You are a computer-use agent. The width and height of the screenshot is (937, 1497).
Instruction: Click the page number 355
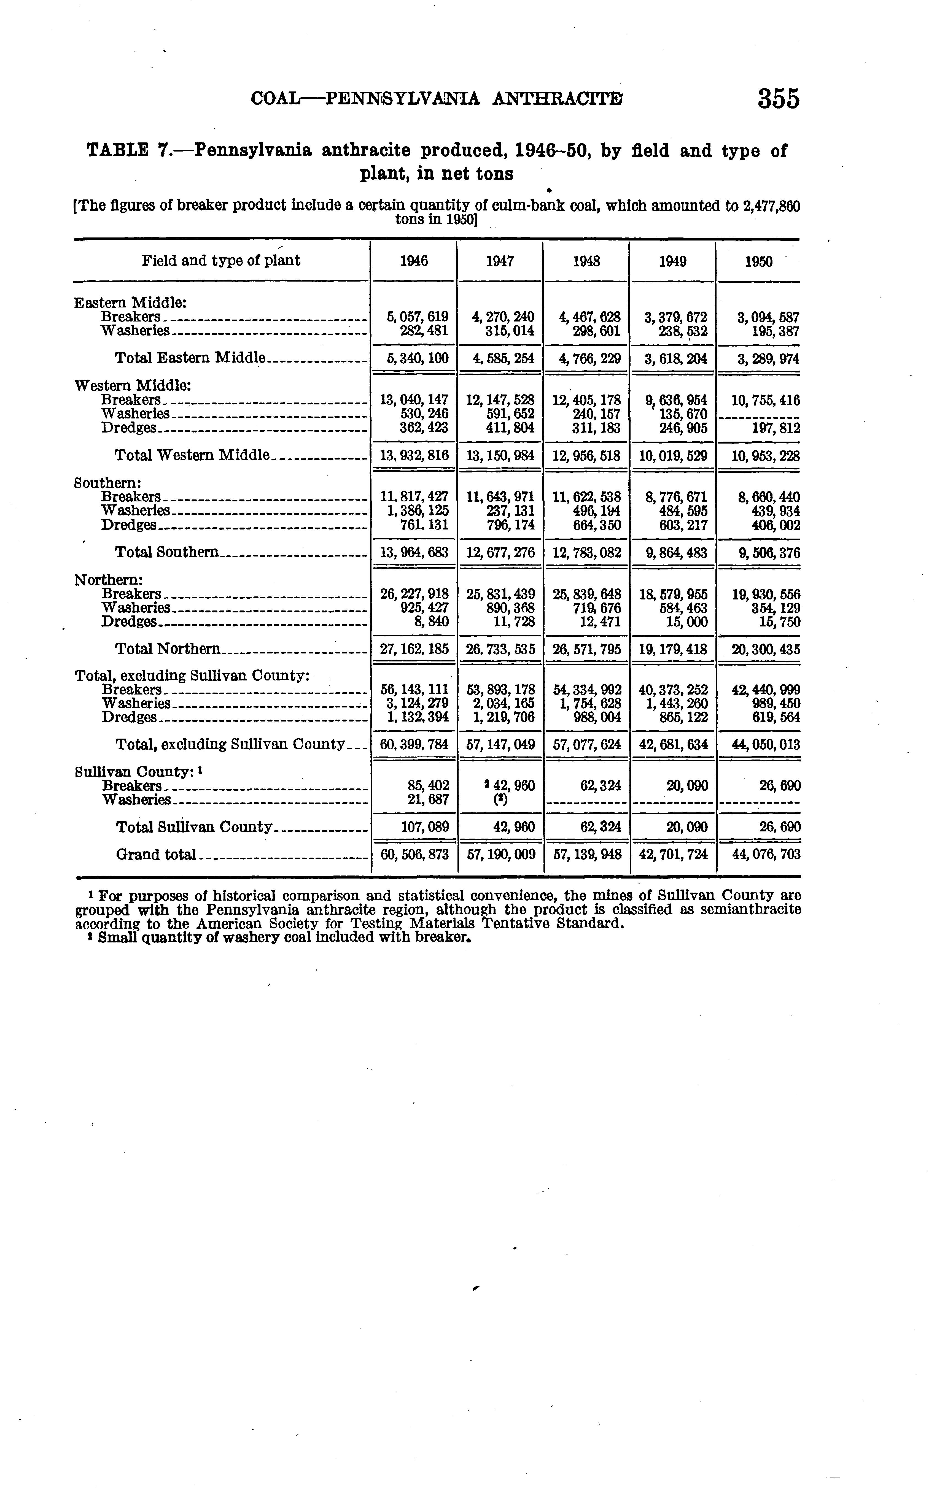(x=778, y=99)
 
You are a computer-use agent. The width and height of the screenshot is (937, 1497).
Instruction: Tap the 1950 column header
(x=758, y=261)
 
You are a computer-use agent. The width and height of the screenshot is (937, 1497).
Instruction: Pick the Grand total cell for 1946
(x=414, y=855)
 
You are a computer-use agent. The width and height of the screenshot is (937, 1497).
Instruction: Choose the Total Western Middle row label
(x=192, y=455)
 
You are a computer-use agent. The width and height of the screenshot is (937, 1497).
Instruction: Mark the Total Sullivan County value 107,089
(x=424, y=827)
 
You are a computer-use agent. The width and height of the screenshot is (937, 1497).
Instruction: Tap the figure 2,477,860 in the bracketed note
(x=771, y=206)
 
